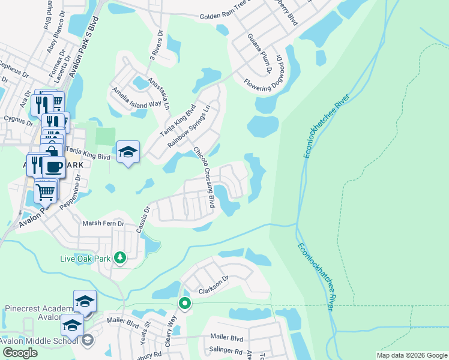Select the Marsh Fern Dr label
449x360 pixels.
[x=103, y=223]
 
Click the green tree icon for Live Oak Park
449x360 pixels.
[x=120, y=257]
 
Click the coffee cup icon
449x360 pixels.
[x=53, y=166]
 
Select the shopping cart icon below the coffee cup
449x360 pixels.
[x=46, y=191]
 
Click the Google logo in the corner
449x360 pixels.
[x=20, y=353]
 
